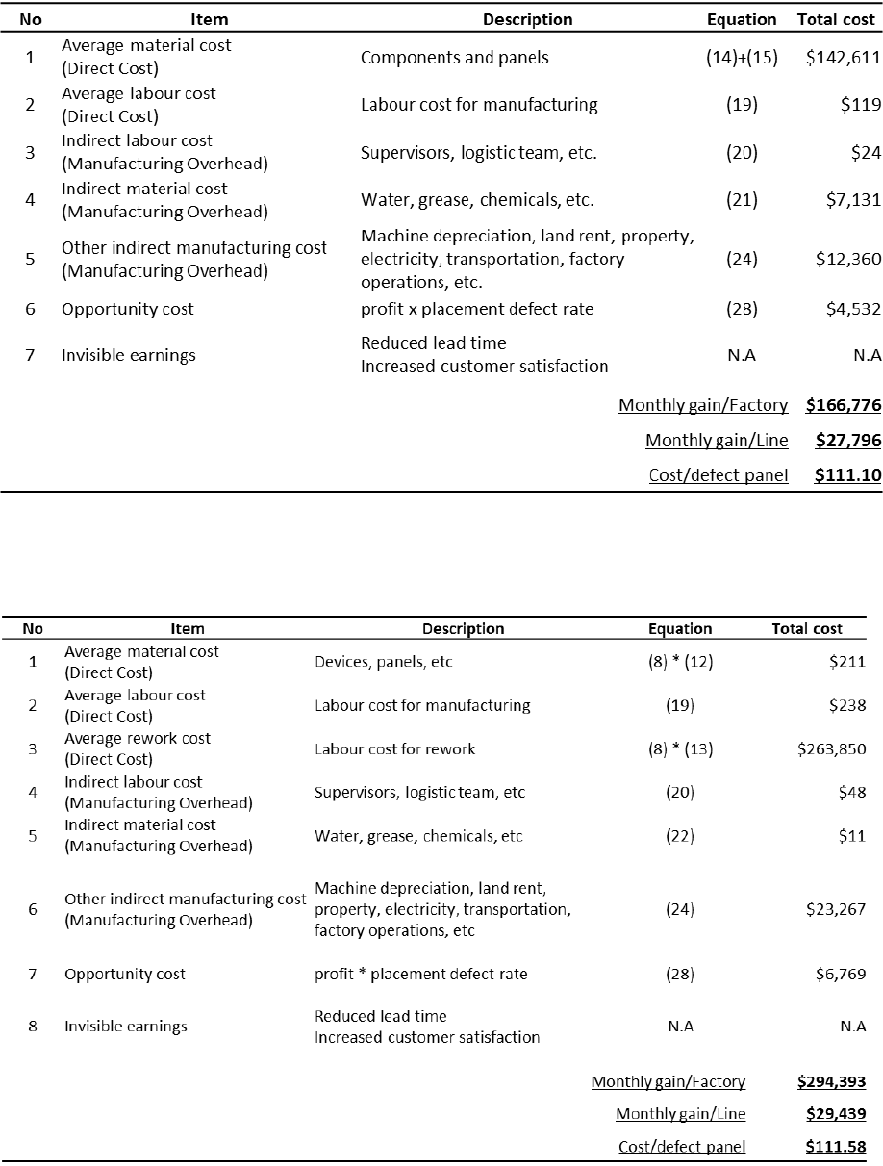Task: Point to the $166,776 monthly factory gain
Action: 844,406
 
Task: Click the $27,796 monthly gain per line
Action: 847,441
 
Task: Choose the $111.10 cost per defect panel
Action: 847,475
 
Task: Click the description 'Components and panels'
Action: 454,57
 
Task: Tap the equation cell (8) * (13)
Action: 680,749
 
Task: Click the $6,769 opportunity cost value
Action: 841,975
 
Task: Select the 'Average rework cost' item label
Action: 138,739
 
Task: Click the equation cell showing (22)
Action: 680,836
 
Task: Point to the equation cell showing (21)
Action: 742,200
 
